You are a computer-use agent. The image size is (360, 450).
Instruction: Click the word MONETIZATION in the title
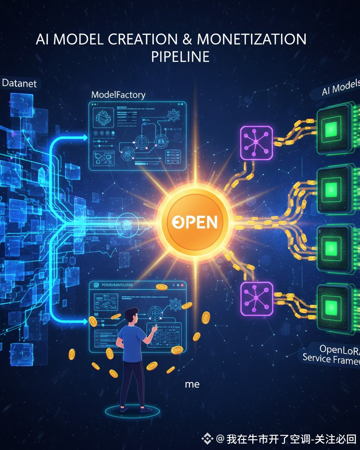(251, 39)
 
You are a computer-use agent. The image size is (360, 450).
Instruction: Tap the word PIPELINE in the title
(180, 57)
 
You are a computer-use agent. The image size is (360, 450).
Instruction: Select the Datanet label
(19, 83)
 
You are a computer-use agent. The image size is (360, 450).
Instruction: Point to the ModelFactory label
(118, 94)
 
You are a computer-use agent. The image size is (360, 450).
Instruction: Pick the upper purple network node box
(256, 143)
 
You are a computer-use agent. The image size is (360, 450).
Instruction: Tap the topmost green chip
(333, 128)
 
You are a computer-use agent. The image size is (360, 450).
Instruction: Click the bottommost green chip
(333, 305)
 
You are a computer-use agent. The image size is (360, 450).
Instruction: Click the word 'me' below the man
(192, 384)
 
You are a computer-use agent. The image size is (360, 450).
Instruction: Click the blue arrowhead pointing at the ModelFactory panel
(84, 138)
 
